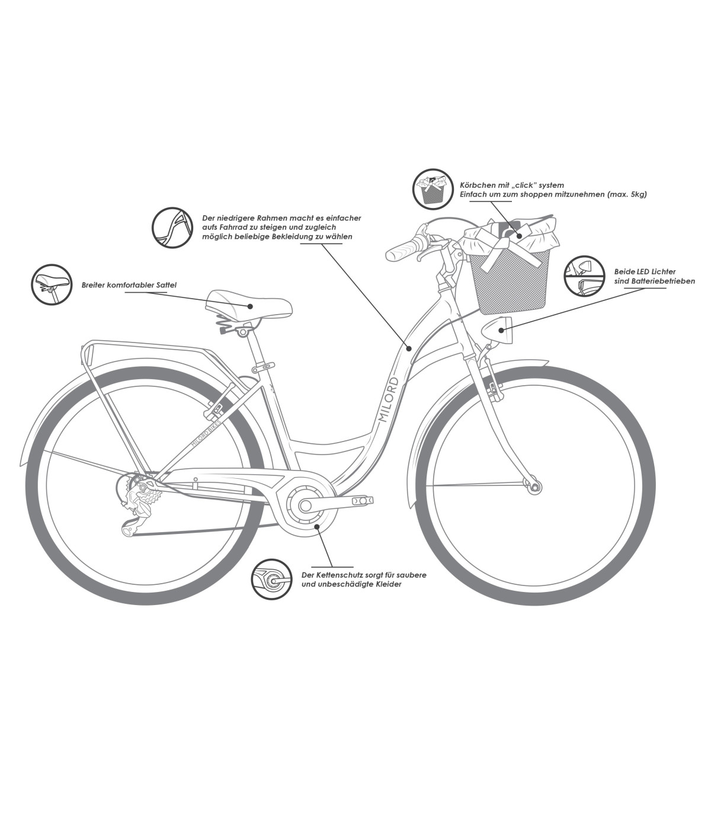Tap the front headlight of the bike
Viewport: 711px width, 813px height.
click(497, 329)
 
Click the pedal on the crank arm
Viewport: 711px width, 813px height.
click(363, 501)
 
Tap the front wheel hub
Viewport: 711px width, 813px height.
click(535, 487)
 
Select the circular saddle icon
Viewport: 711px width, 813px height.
click(51, 284)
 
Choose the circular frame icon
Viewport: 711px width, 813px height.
click(172, 228)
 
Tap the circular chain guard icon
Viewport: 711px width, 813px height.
click(271, 579)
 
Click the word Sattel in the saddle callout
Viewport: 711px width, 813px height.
click(166, 285)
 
